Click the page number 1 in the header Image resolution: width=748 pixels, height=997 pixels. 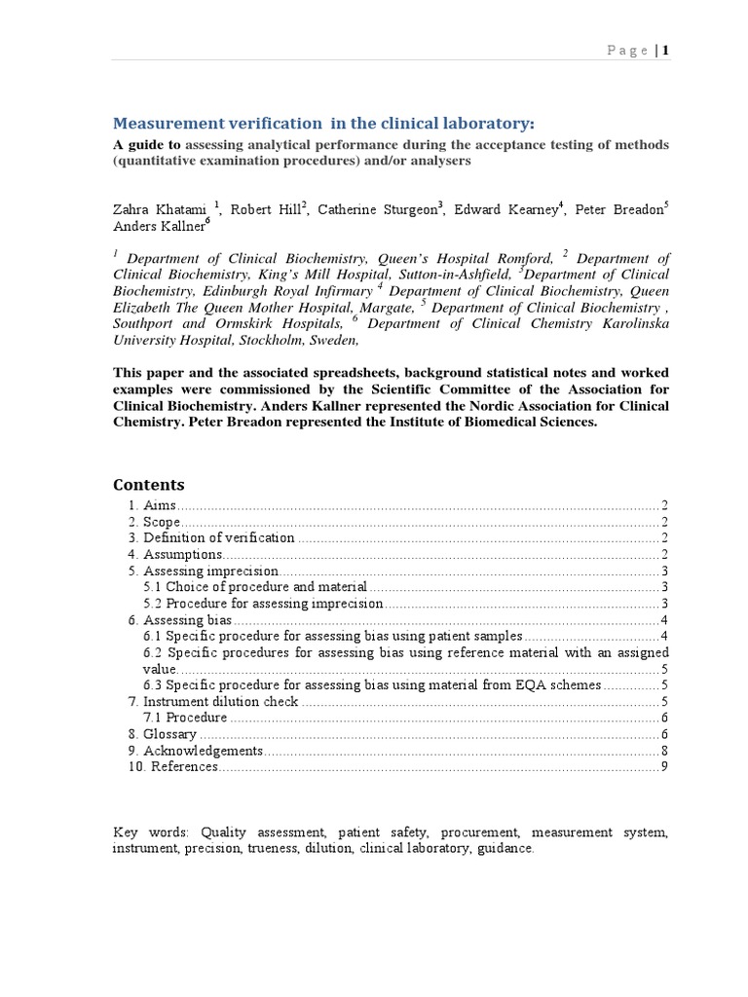coord(666,52)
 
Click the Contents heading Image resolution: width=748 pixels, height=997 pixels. coord(148,485)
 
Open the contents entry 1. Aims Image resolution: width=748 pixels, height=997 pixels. coord(152,504)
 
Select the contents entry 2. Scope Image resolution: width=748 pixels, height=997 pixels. coord(154,522)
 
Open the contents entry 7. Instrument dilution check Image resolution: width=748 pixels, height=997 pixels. coord(213,701)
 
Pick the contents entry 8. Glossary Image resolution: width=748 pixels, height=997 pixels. coord(162,734)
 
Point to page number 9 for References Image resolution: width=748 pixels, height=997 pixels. coord(664,767)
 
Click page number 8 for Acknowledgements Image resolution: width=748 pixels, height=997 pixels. coord(664,751)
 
